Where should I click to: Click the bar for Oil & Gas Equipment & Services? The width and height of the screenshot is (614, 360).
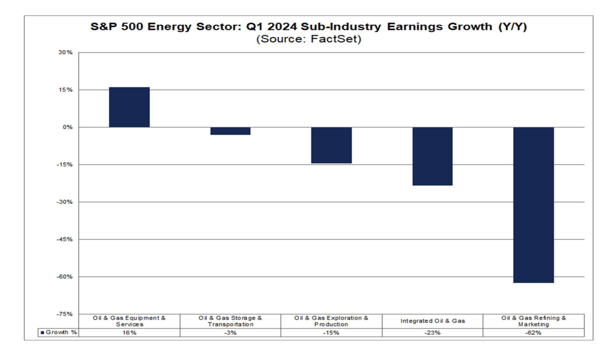point(129,107)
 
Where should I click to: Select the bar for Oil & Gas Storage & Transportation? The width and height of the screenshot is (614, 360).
point(230,131)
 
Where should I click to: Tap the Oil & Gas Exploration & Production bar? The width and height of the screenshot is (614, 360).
point(331,145)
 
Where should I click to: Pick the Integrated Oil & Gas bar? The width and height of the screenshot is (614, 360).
point(432,156)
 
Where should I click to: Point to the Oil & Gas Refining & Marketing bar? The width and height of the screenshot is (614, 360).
point(533,205)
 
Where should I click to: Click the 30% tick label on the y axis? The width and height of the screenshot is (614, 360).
point(66,52)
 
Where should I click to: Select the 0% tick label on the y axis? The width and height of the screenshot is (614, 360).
point(68,127)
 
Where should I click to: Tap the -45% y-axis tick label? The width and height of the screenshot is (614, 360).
point(65,239)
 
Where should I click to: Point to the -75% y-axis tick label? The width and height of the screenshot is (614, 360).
point(65,314)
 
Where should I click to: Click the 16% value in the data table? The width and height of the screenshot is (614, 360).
point(129,333)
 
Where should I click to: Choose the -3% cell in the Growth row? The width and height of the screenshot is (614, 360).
point(230,333)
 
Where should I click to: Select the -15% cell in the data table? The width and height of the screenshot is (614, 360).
point(331,333)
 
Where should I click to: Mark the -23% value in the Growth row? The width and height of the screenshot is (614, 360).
point(432,333)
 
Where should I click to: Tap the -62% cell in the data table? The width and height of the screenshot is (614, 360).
point(533,333)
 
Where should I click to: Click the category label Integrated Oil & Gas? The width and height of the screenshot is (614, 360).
point(432,321)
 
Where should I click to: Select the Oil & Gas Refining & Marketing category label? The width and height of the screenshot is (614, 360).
point(533,321)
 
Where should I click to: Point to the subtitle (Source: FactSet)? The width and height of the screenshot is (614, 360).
point(308,39)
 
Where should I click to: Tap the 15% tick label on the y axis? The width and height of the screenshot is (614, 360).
point(66,90)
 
